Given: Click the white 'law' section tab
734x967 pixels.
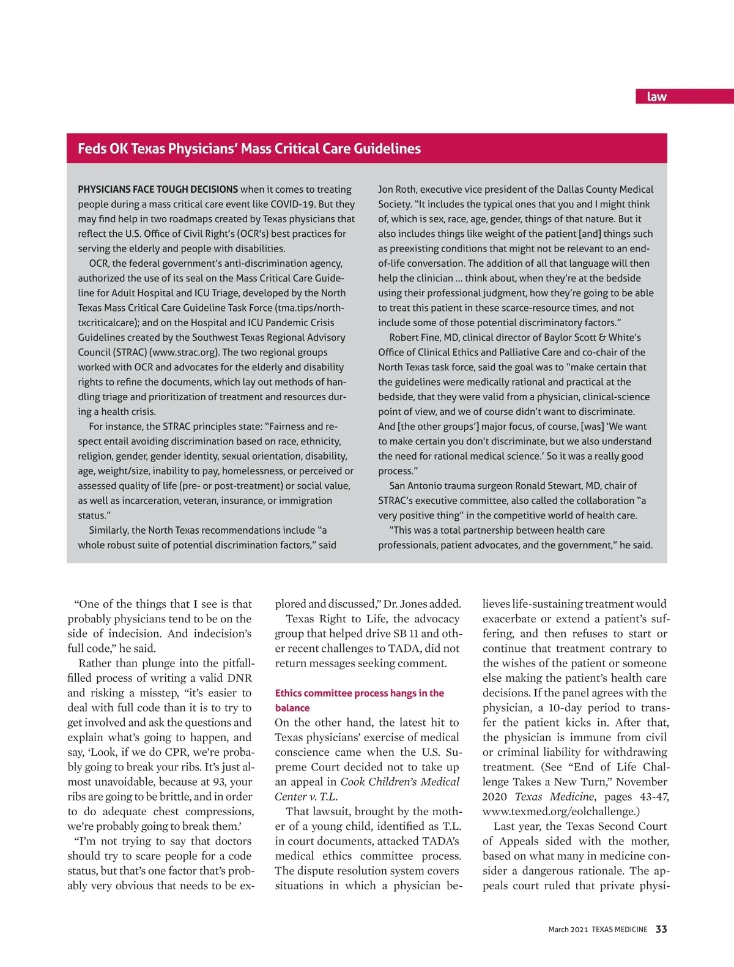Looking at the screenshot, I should pos(656,97).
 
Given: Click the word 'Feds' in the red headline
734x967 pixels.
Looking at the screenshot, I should pos(92,149).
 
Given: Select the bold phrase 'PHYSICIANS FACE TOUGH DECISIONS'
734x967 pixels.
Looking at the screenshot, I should pos(158,190).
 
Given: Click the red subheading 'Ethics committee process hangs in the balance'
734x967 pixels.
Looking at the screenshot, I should pos(359,700).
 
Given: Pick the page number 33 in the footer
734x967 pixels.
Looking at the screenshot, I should pos(661,929).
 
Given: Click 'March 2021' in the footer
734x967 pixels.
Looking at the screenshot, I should pos(568,930).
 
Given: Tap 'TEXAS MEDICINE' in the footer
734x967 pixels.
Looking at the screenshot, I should pos(620,930).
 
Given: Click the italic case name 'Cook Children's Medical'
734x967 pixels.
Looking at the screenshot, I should pos(400,782).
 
